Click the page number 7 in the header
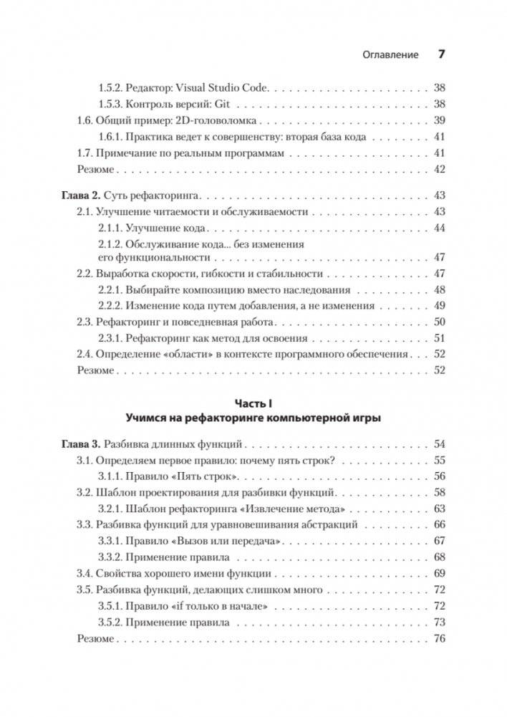pos(441,54)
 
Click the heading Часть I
pos(253,403)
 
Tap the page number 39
pos(440,120)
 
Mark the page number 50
pos(440,322)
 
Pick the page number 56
pos(440,476)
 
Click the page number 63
pos(440,509)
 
